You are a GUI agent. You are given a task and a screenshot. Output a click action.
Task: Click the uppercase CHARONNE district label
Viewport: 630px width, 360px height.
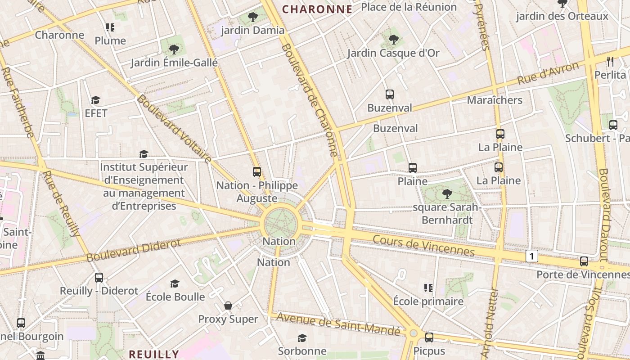pos(317,9)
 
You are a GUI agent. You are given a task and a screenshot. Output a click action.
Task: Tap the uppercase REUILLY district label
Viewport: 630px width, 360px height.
pos(154,354)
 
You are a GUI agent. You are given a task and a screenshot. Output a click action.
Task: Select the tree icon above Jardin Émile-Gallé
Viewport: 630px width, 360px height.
pos(174,49)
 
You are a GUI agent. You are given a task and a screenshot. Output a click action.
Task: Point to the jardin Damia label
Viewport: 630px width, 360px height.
pos(253,30)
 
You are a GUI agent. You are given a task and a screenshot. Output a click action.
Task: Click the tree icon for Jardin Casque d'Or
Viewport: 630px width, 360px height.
pos(394,40)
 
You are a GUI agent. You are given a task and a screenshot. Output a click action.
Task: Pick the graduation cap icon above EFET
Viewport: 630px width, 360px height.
pos(95,100)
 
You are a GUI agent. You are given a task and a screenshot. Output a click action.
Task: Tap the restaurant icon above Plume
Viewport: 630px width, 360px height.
pos(110,27)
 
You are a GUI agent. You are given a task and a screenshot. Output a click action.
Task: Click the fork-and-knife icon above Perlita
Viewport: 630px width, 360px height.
pos(610,62)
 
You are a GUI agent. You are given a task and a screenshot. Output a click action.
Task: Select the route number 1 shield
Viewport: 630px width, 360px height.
pos(531,256)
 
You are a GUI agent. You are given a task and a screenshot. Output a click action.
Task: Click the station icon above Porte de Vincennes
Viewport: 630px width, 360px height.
pos(584,261)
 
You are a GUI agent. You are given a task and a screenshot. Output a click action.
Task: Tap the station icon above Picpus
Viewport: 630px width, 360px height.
pos(429,337)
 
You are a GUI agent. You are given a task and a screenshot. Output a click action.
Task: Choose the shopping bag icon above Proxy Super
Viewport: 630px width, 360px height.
pos(228,306)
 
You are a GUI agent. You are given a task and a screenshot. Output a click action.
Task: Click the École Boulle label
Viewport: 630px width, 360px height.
pos(175,297)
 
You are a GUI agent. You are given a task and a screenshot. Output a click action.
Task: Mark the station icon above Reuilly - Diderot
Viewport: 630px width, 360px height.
pos(99,278)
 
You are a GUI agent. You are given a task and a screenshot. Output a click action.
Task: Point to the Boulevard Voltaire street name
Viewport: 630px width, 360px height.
pos(174,129)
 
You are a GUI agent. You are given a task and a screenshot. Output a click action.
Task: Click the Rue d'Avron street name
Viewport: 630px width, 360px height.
pos(548,73)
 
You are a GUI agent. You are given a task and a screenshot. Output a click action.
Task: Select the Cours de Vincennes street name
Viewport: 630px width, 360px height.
pos(423,245)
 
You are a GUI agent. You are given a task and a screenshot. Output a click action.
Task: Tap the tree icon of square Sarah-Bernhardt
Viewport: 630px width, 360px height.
pos(447,194)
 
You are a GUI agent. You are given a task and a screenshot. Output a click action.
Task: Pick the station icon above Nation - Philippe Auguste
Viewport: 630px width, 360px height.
pos(257,172)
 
